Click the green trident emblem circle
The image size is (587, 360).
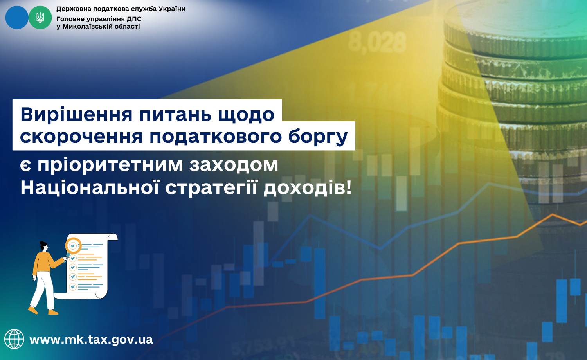(x=40, y=18)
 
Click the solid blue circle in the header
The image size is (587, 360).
(x=17, y=18)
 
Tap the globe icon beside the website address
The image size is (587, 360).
(x=14, y=339)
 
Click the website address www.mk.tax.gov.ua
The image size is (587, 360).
(x=91, y=340)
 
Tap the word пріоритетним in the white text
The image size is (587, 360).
(x=110, y=166)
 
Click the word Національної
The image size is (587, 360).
(x=90, y=187)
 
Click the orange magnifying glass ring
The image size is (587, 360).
(x=73, y=245)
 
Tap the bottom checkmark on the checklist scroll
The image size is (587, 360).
(x=73, y=286)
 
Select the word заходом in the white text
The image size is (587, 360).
(x=234, y=165)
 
